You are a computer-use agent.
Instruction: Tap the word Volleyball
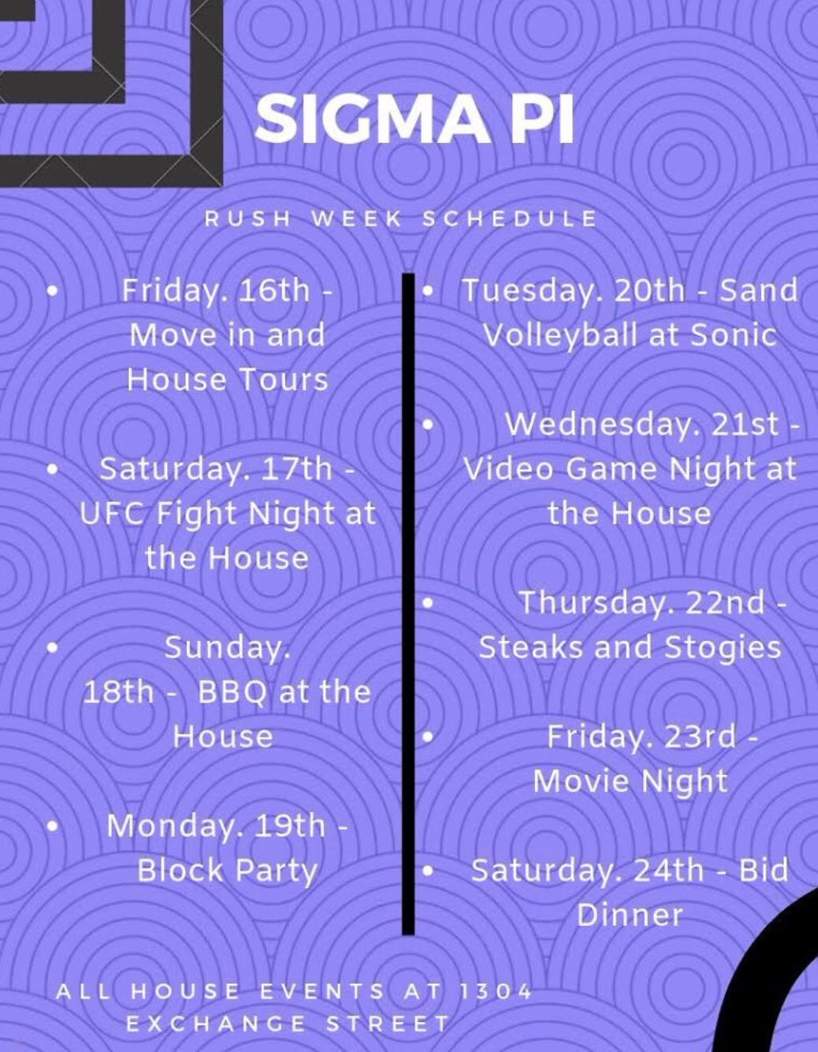(561, 335)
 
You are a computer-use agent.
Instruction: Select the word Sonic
(735, 335)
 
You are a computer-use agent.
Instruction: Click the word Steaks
(533, 647)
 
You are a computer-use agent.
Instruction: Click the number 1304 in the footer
(495, 992)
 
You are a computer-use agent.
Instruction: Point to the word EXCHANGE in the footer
(217, 1023)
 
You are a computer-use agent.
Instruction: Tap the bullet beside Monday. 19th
(53, 826)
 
